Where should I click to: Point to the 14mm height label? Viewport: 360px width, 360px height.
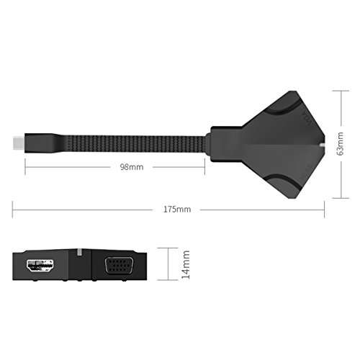point(186,266)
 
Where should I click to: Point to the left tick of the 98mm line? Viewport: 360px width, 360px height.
point(26,167)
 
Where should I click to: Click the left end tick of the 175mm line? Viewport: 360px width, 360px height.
point(13,210)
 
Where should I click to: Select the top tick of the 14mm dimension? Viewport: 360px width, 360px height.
point(168,248)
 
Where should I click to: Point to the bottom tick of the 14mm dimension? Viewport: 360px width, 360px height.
point(168,282)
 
